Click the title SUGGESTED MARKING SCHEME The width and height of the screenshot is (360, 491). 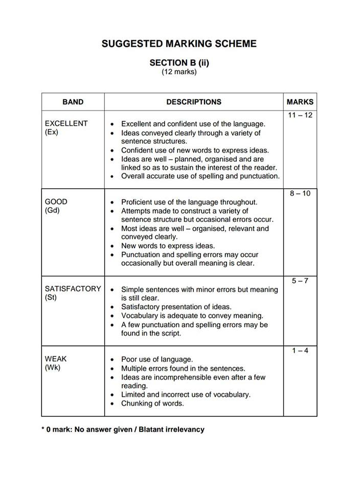coord(179,43)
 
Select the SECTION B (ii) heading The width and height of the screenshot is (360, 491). coord(179,63)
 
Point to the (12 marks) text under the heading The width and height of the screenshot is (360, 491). coord(179,72)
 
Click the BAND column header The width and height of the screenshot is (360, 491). coord(73,102)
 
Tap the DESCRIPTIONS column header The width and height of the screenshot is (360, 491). coord(194,102)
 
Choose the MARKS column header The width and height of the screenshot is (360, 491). coord(300,102)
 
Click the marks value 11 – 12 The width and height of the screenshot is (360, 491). coord(300,115)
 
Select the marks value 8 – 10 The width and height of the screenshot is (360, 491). coord(300,193)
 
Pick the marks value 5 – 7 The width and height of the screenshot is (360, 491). coord(300,281)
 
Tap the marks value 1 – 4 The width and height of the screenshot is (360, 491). coord(300,350)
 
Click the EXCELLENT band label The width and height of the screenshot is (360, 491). coord(66,123)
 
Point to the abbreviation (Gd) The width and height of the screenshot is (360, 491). coord(52,210)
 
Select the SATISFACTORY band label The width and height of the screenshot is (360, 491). coord(73,288)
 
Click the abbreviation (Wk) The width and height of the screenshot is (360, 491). coord(53,368)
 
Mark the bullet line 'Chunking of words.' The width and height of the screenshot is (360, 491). coord(152,404)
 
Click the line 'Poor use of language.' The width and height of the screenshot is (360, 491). coord(156,360)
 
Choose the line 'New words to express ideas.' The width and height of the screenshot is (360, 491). coord(168,246)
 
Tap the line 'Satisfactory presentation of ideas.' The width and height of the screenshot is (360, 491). coord(176,307)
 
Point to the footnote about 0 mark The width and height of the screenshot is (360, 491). coord(123,430)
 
